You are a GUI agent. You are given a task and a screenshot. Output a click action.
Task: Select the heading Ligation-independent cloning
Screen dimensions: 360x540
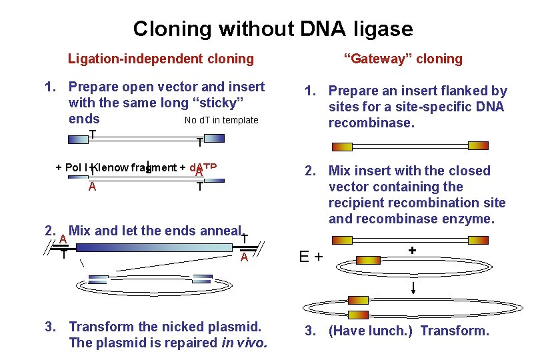(x=161, y=59)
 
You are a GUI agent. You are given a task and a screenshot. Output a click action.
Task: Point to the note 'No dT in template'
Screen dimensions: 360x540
(x=221, y=120)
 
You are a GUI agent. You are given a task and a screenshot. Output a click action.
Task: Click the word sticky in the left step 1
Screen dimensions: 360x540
(x=216, y=103)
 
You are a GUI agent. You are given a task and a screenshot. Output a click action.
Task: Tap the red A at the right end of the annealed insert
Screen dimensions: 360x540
(x=245, y=258)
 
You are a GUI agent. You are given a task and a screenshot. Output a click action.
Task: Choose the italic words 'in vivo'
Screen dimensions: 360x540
(x=243, y=343)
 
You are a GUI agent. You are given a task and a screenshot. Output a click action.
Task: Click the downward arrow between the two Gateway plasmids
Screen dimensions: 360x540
(x=414, y=287)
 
